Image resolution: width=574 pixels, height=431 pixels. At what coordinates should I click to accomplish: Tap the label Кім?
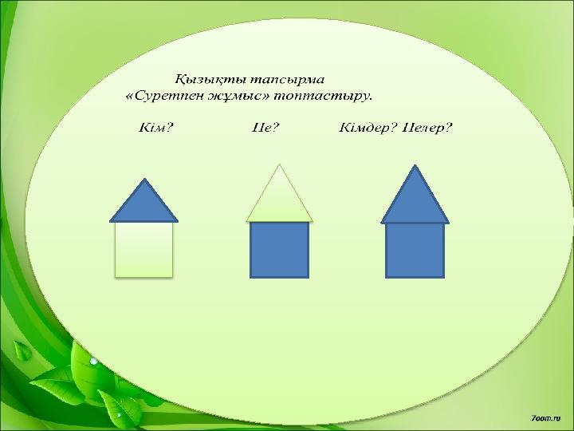tap(155, 128)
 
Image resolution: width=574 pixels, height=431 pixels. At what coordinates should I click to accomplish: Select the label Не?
tap(265, 128)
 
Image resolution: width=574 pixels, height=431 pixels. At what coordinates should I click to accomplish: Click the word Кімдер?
tap(368, 128)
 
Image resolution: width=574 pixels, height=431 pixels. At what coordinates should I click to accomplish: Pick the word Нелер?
tap(427, 128)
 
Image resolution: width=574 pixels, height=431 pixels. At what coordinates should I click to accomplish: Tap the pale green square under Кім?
tap(143, 250)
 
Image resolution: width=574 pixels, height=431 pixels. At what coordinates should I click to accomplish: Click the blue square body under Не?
tap(279, 250)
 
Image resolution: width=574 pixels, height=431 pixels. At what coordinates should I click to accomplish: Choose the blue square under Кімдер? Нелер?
tap(415, 251)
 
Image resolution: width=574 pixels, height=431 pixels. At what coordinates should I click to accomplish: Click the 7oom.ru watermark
tap(545, 417)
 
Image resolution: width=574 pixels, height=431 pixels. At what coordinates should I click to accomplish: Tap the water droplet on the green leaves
tap(94, 361)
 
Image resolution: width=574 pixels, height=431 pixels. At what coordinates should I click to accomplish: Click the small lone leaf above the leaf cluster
tap(22, 350)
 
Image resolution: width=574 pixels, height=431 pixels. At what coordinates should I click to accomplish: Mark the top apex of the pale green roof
tap(279, 164)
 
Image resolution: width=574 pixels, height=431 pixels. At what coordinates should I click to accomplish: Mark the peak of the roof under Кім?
tap(144, 179)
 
